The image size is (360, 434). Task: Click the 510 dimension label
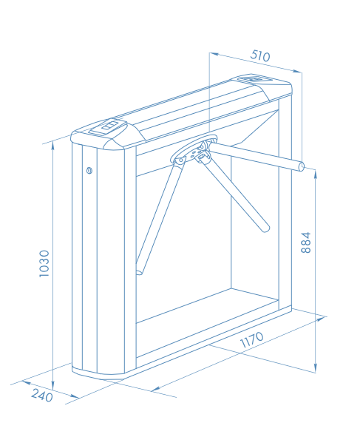click(259, 55)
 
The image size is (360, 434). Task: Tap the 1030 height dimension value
click(44, 263)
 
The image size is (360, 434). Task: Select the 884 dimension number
click(306, 243)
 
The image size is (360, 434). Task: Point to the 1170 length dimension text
click(252, 339)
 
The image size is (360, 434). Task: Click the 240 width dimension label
click(42, 395)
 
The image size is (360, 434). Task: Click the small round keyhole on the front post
click(89, 170)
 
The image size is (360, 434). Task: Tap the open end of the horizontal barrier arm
click(302, 166)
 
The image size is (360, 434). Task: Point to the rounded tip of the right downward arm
click(265, 228)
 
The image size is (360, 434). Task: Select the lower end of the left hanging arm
click(139, 271)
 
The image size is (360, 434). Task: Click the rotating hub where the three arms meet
click(194, 151)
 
